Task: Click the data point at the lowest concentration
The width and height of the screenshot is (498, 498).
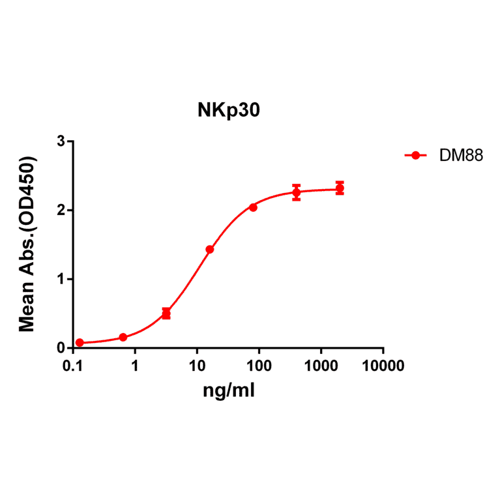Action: coord(80,343)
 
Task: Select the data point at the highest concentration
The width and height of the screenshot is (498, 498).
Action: coord(340,189)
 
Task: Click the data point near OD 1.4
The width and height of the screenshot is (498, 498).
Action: coord(210,250)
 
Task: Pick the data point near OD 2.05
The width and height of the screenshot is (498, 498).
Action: coord(253,207)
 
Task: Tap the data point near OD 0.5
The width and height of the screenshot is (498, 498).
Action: coord(166,314)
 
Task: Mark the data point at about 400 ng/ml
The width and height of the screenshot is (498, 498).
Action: coord(297,192)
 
